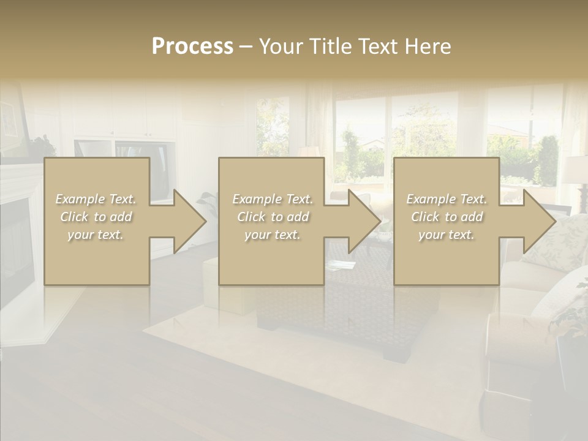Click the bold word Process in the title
point(192,47)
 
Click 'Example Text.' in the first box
point(96,199)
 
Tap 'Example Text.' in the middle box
point(273,199)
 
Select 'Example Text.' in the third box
point(447,199)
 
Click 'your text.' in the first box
point(96,235)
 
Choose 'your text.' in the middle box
point(273,235)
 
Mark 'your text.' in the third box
point(447,235)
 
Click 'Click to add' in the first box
point(96,217)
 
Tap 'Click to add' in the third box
point(447,217)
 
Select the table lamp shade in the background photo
point(576,169)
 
